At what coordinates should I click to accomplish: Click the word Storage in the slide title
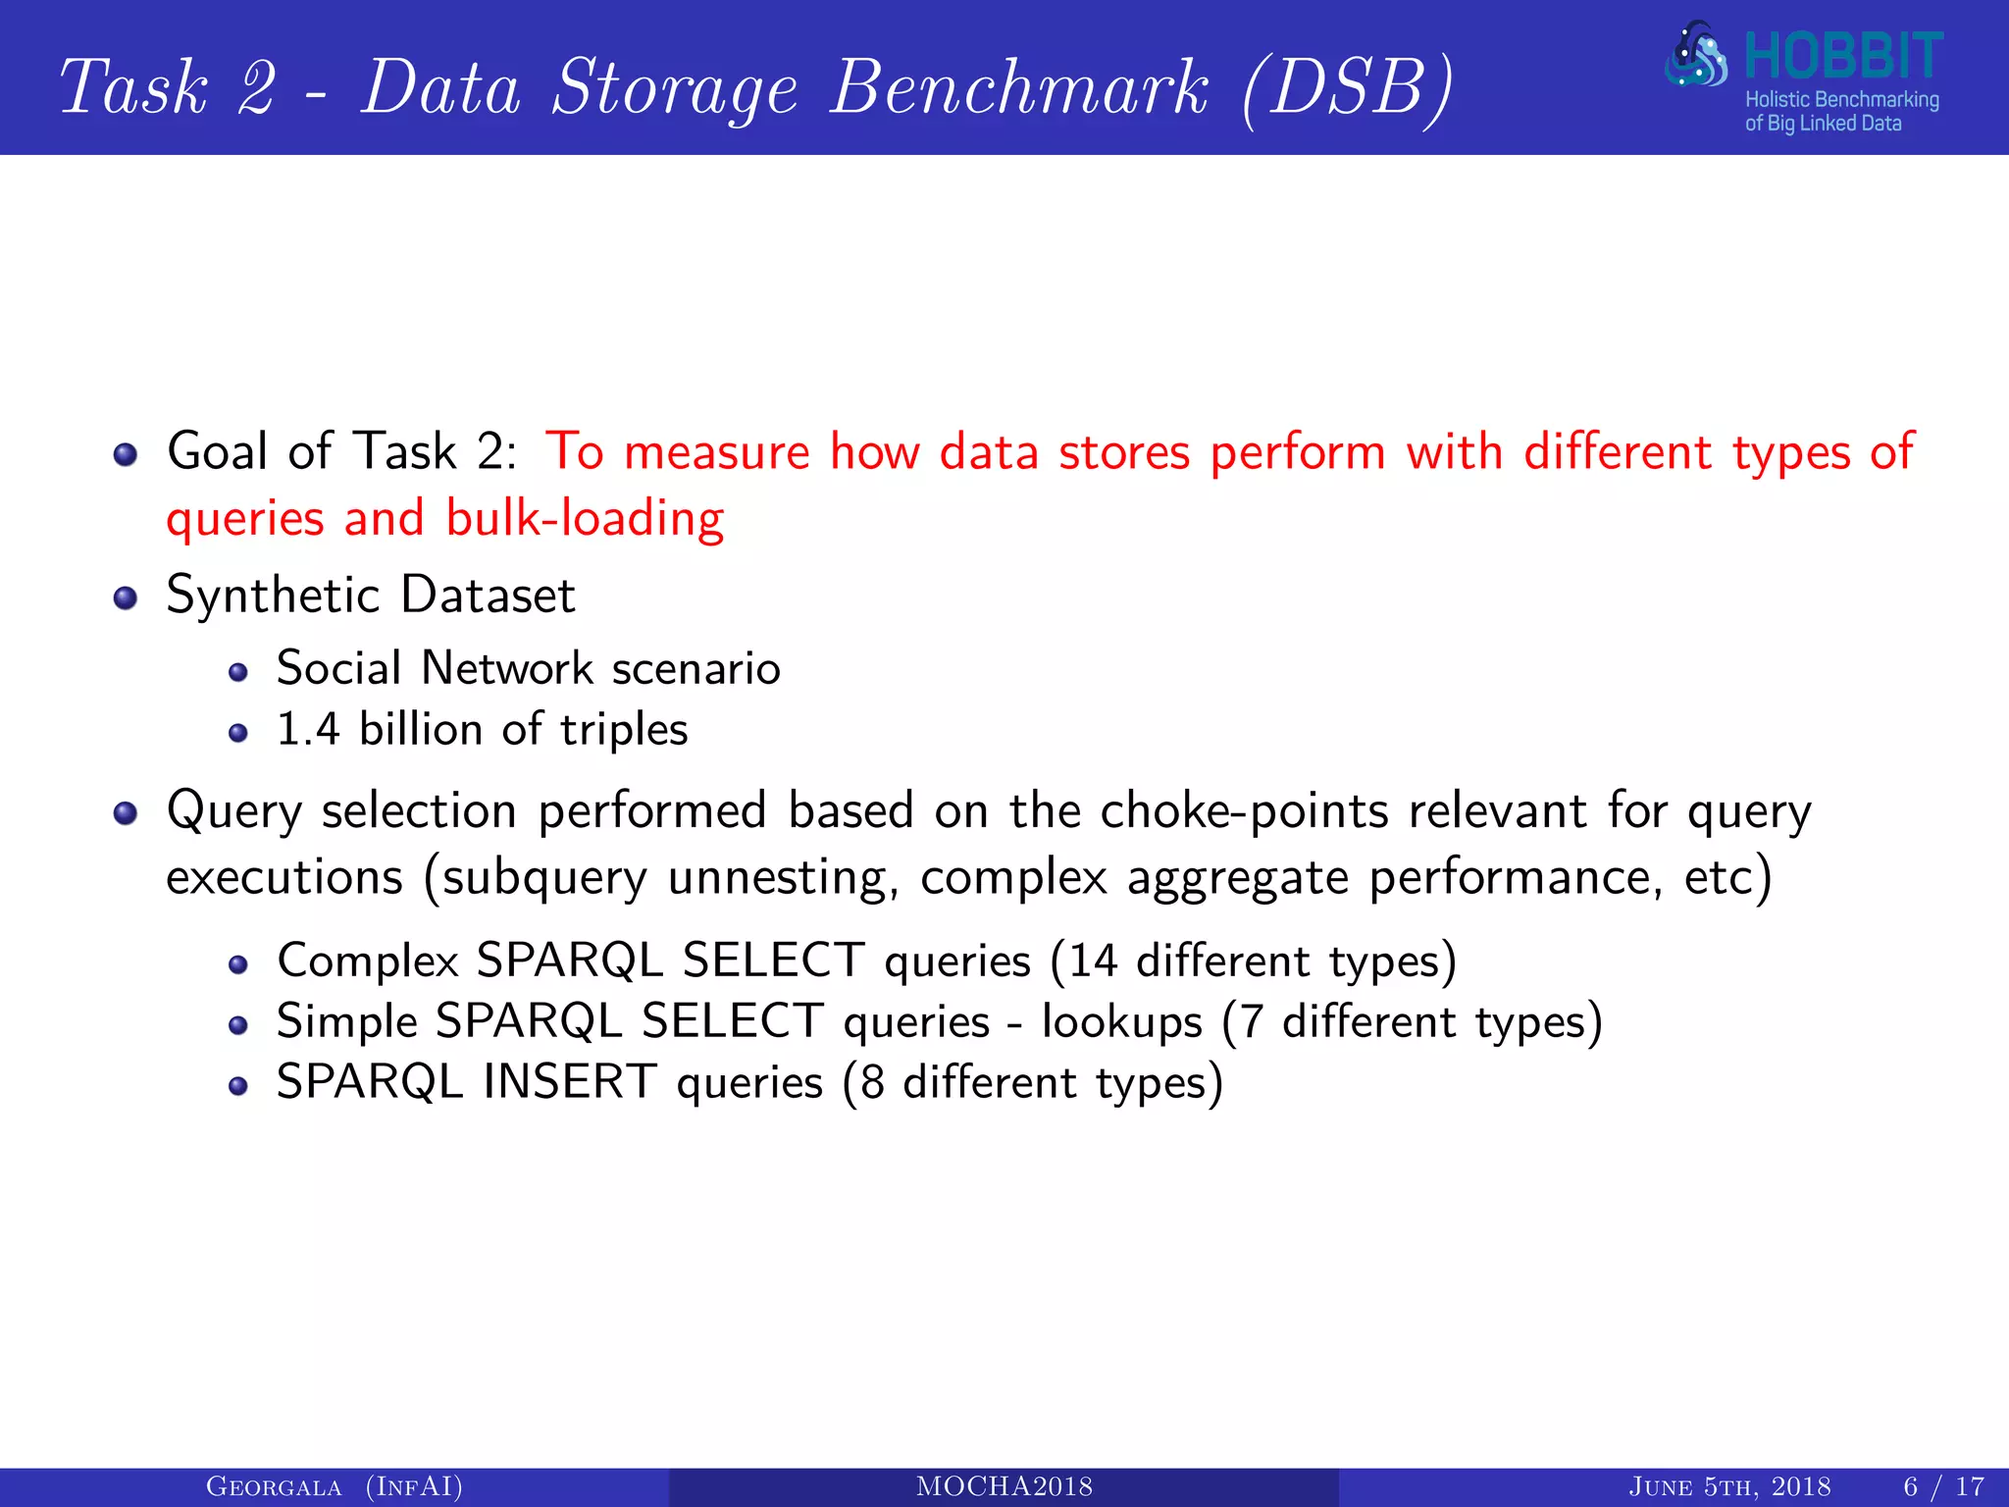(x=675, y=88)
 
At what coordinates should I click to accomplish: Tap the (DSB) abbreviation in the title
(x=1347, y=88)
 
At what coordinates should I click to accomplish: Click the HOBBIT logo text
(x=1843, y=57)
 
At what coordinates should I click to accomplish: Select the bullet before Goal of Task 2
(x=125, y=454)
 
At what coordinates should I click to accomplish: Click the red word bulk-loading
(x=585, y=518)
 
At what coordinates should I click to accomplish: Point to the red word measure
(x=716, y=453)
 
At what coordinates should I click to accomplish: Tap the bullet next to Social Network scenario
(x=237, y=672)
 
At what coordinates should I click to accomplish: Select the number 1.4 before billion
(x=308, y=730)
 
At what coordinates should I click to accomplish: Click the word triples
(x=624, y=730)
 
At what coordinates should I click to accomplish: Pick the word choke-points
(x=1244, y=811)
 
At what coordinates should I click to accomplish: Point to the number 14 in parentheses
(x=1093, y=961)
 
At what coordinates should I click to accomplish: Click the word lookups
(x=1121, y=1022)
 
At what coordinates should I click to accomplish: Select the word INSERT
(x=570, y=1083)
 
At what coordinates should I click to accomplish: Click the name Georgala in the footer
(x=274, y=1487)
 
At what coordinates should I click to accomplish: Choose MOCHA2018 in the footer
(x=1004, y=1487)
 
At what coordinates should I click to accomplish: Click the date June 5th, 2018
(x=1729, y=1487)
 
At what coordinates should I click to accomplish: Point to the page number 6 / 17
(x=1943, y=1487)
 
